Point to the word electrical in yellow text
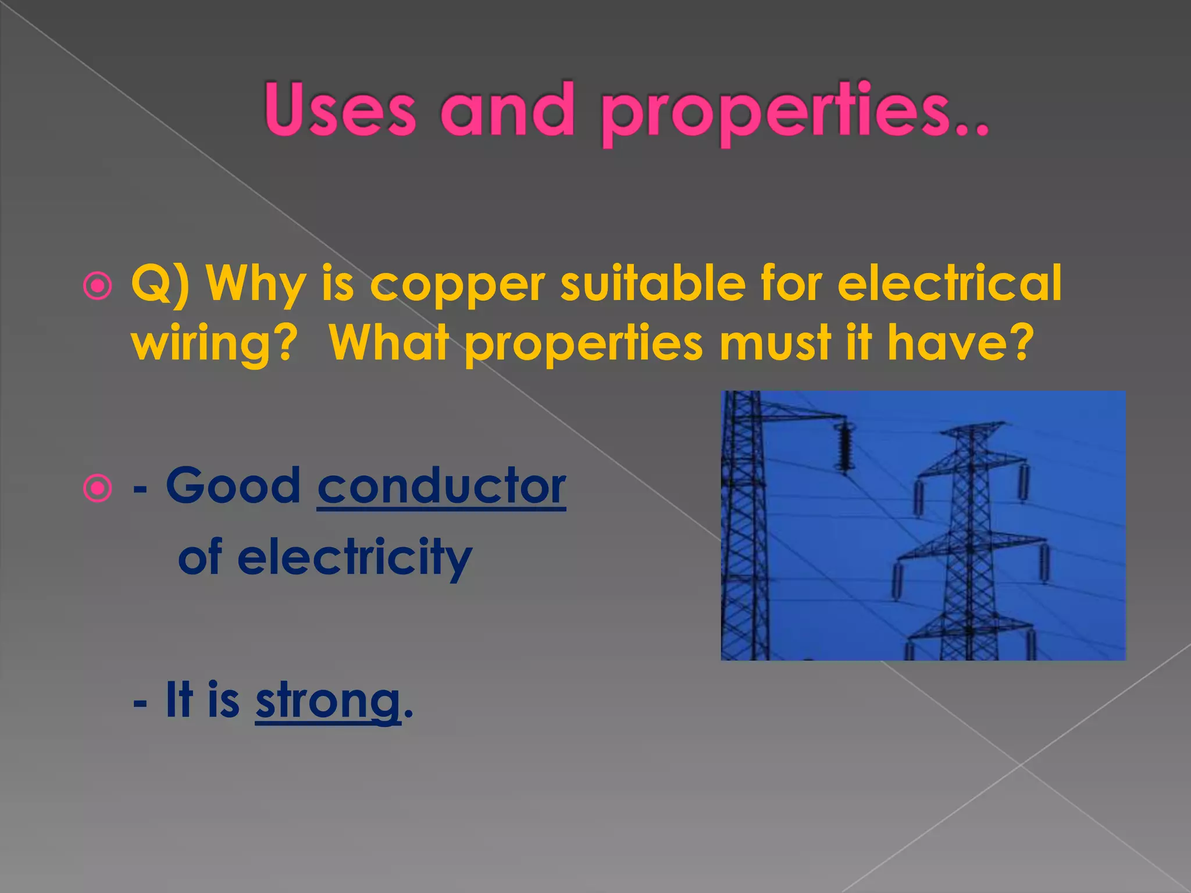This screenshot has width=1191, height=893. [x=949, y=283]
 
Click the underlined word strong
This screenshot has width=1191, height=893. [x=328, y=701]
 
